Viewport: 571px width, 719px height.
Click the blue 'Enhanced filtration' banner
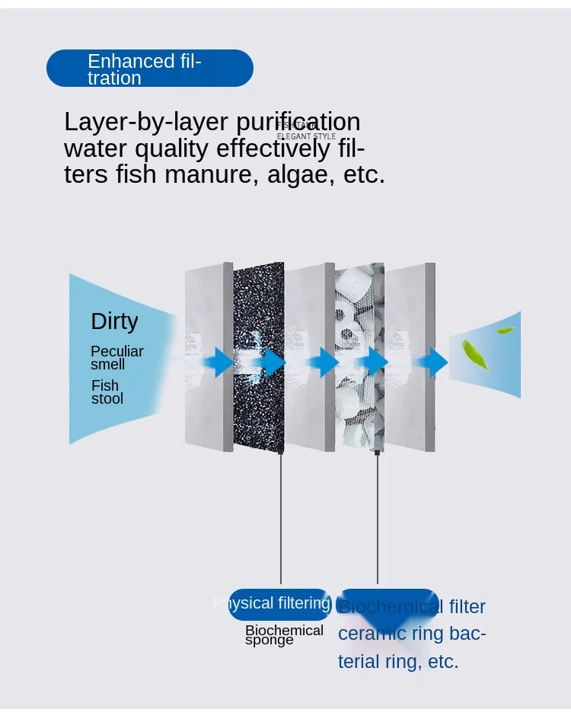coord(149,69)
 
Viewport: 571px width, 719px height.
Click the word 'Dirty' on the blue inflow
coord(114,321)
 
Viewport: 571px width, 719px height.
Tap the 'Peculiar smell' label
coord(116,358)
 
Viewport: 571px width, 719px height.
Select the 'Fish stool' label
coord(107,392)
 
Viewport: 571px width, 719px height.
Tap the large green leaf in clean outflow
coord(475,354)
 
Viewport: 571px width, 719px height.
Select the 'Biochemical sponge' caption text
coord(283,635)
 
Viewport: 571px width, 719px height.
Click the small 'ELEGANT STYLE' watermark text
coord(306,136)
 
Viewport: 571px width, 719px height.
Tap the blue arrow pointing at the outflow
coord(435,363)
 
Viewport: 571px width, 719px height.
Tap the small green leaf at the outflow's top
coord(506,331)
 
